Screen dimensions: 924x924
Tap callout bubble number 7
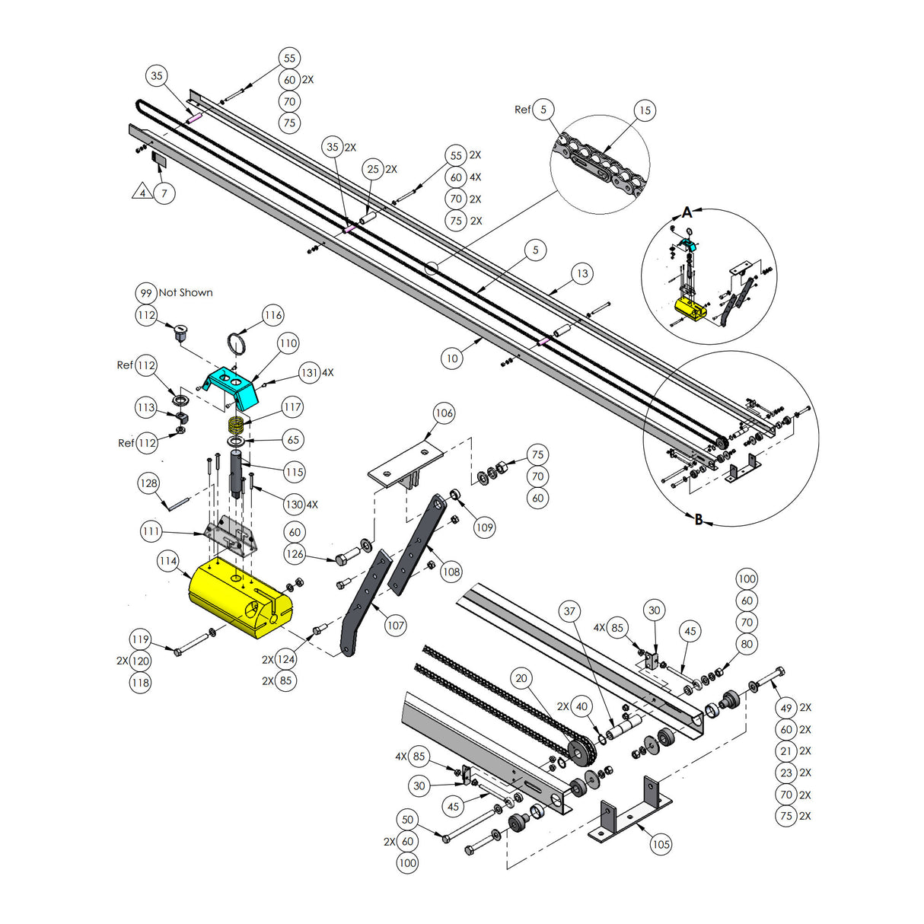coord(164,193)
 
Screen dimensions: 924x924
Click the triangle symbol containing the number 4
coord(142,193)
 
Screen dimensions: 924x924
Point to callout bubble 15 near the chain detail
coord(645,110)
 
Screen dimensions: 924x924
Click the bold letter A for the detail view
coord(687,212)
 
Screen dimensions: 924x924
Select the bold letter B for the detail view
coord(699,520)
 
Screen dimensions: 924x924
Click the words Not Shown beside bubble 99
coord(186,293)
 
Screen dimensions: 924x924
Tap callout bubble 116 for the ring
coord(273,315)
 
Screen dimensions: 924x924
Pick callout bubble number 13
coord(582,274)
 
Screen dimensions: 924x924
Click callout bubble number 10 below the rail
coord(452,358)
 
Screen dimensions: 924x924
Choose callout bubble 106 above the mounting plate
coord(444,413)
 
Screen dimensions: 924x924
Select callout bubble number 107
coord(396,626)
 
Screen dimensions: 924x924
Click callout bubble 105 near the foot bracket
coord(661,844)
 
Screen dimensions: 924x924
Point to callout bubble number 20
coord(521,678)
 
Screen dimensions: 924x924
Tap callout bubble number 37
coord(570,611)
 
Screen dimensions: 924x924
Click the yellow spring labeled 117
coord(237,423)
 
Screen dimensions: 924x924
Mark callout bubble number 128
coord(149,483)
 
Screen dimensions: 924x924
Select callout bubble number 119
coord(140,639)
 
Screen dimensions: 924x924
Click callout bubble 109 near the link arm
coord(484,527)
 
